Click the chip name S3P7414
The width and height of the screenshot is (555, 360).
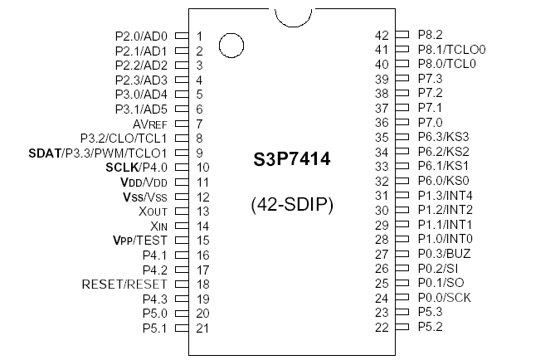click(291, 160)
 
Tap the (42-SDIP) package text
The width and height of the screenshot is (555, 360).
click(292, 204)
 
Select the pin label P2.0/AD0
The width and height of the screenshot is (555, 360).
click(141, 36)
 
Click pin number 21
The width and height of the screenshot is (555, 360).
click(202, 328)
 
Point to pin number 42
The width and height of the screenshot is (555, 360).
click(382, 35)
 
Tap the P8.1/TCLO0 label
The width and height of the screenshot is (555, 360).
click(451, 50)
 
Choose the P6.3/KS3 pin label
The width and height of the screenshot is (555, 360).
click(444, 138)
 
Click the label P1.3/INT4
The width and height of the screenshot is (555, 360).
click(445, 196)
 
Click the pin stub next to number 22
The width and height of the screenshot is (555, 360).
click(402, 328)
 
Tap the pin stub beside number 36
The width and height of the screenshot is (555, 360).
click(402, 123)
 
